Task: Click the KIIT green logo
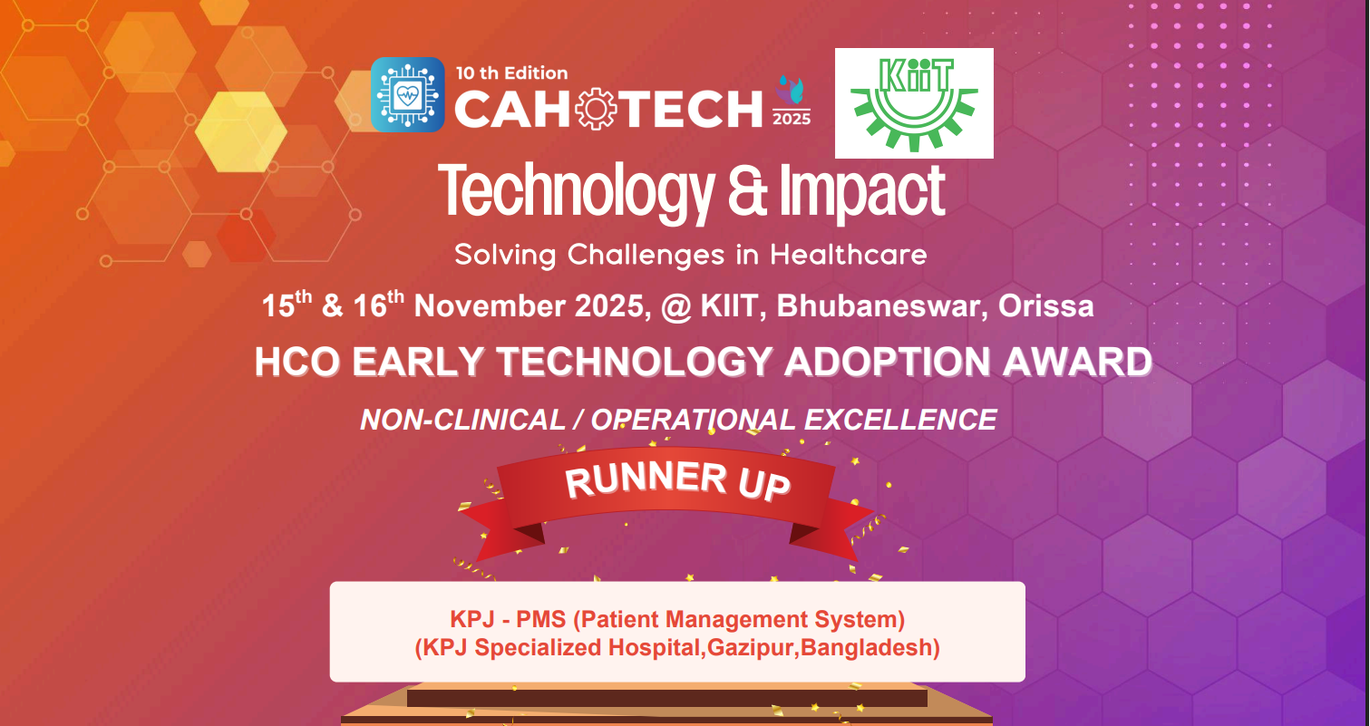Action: point(913,103)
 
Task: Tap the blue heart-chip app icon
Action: point(407,94)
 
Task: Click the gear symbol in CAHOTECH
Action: point(597,110)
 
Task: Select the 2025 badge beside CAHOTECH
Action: point(791,102)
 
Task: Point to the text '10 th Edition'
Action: point(511,73)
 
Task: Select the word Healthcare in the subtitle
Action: point(848,255)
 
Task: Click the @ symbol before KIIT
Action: point(675,306)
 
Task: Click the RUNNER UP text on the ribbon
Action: point(677,480)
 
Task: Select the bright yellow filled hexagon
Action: point(240,132)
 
